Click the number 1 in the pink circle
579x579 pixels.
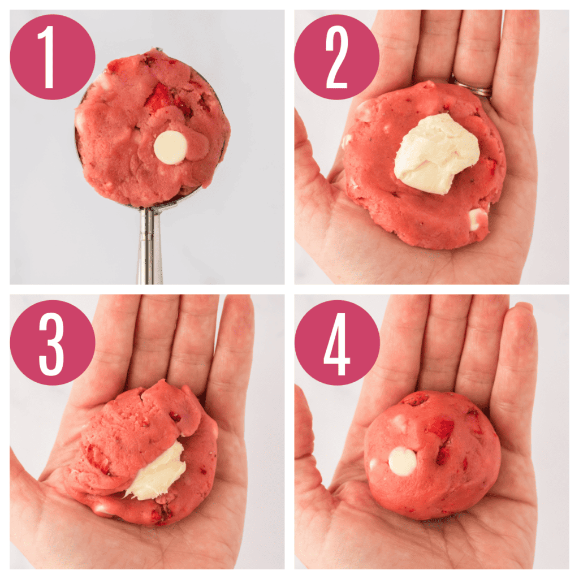coord(49,57)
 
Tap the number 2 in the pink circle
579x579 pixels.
coord(337,57)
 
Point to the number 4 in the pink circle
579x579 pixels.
coord(337,344)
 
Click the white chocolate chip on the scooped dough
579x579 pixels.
coord(171,148)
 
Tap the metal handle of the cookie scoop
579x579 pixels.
coord(149,245)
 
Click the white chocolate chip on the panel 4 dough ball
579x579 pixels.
coord(403,461)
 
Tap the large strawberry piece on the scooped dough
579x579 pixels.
coord(159,97)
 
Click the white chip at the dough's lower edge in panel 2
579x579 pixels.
coord(478,219)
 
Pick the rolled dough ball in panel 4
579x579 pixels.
coord(433,455)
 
